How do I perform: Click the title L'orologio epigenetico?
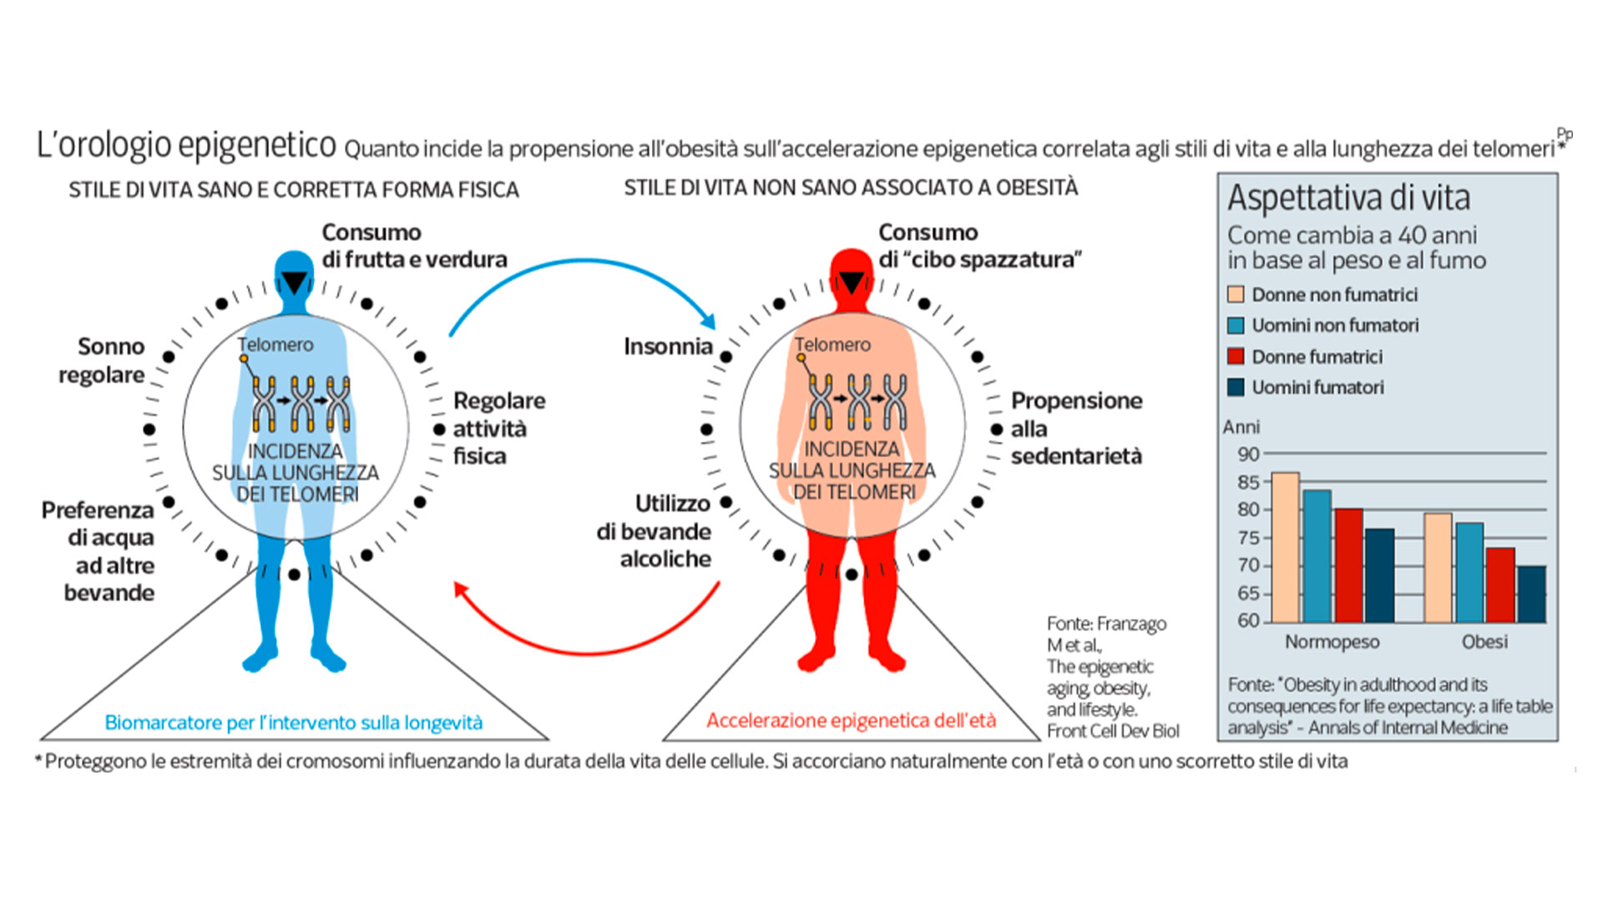tap(186, 145)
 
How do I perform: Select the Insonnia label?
tap(668, 347)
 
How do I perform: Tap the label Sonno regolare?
tap(102, 361)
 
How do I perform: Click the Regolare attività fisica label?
tap(499, 428)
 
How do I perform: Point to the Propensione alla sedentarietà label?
tap(1077, 428)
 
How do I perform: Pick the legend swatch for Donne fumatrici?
tap(1236, 357)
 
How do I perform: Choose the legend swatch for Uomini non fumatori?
tap(1236, 326)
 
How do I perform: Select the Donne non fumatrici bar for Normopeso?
tap(1285, 548)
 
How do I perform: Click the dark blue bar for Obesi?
tap(1531, 595)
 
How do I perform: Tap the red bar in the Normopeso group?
tap(1348, 565)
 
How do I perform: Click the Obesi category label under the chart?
tap(1484, 641)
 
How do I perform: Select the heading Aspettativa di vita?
tap(1348, 198)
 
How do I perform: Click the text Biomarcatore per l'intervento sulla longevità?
tap(294, 722)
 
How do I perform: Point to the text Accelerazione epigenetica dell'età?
tap(851, 720)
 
